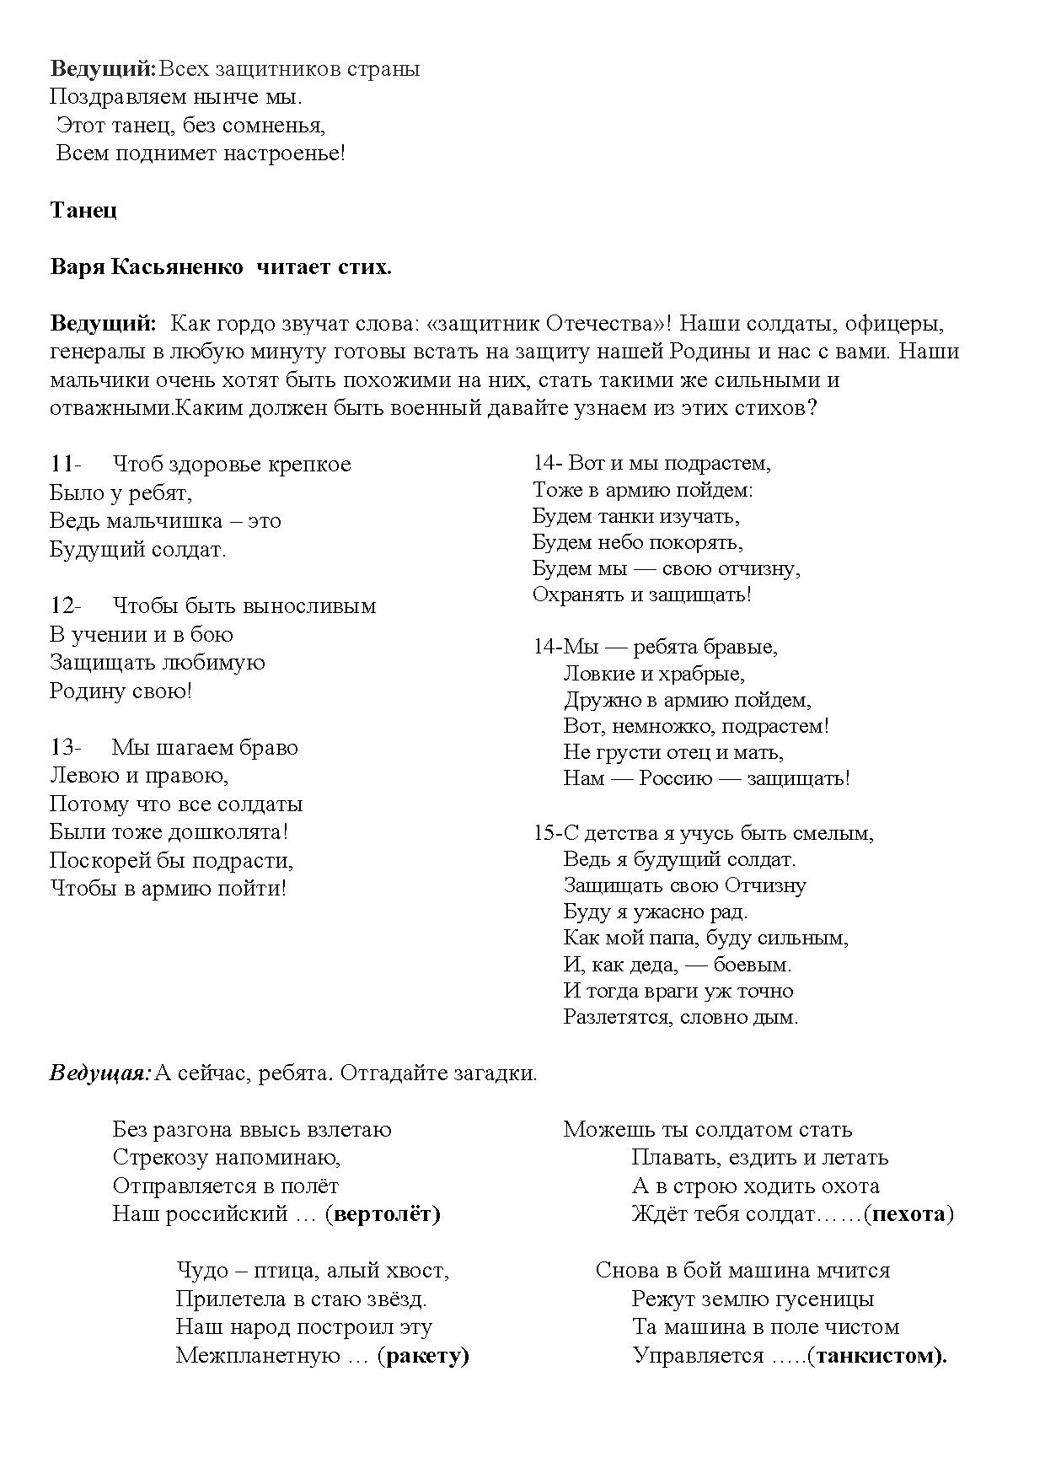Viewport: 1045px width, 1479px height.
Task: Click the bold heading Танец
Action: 83,210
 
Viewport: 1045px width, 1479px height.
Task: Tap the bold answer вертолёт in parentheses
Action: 383,1214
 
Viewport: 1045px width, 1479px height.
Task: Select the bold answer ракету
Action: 426,1356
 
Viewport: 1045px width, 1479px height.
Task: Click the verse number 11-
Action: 66,465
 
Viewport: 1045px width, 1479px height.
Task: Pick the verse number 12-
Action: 66,606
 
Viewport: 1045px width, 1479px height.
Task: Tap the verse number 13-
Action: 66,748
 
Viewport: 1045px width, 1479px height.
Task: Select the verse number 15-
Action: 547,834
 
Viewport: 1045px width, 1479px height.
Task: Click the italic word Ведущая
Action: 99,1073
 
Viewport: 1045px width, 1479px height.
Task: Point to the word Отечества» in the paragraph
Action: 608,324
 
